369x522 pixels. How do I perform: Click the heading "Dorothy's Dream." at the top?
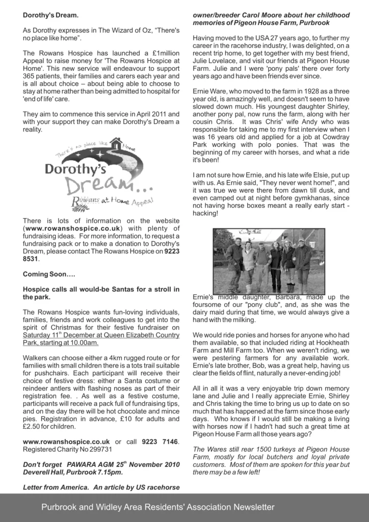50,15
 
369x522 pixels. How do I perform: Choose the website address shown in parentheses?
72,228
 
